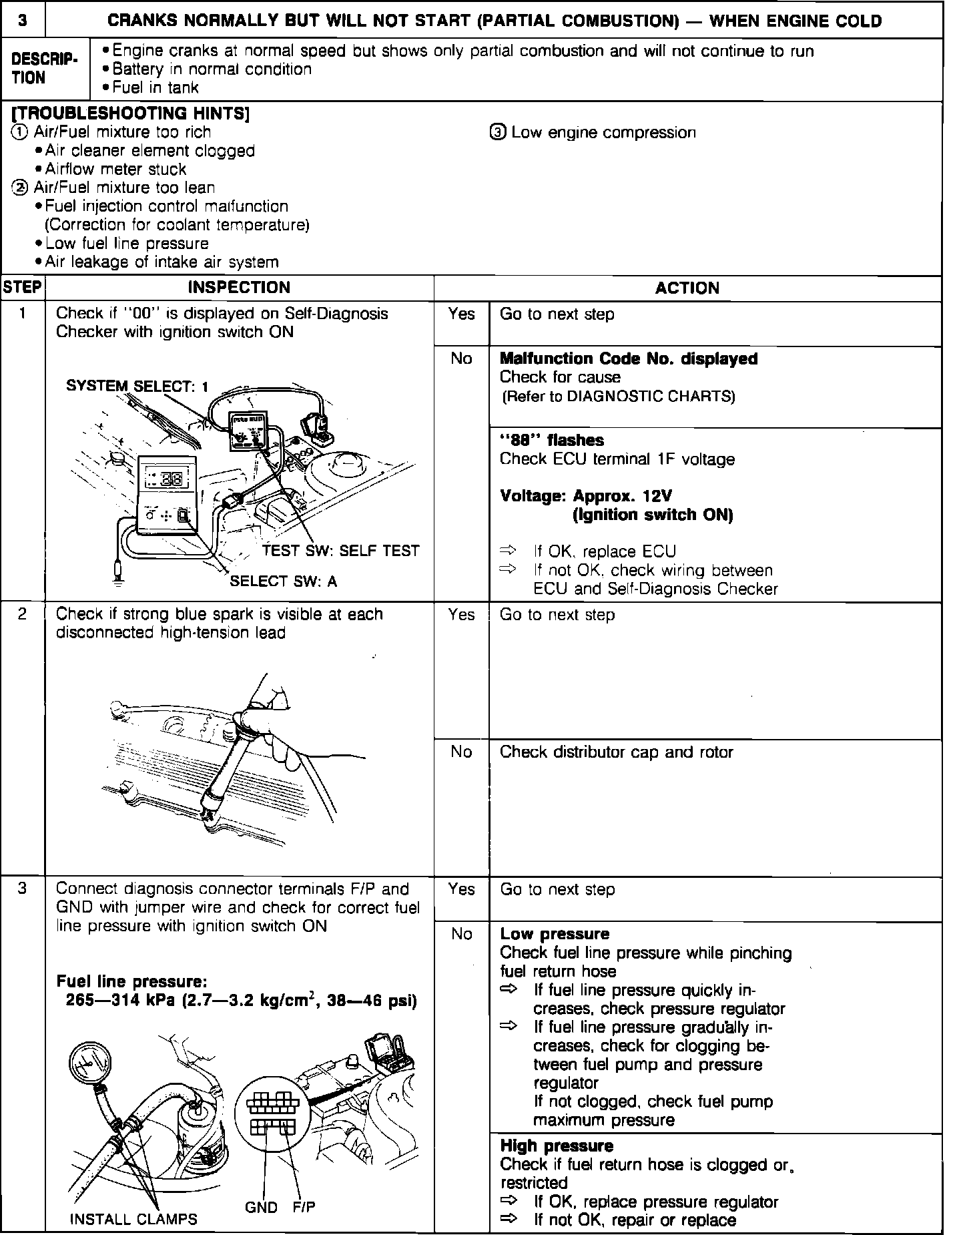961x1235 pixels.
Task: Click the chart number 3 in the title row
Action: [x=23, y=20]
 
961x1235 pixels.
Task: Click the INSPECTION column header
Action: [x=239, y=288]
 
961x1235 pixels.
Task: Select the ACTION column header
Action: [x=687, y=288]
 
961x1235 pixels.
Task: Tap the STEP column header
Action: [x=23, y=288]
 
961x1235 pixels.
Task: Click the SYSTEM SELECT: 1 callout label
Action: [x=137, y=387]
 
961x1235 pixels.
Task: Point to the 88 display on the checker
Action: [x=172, y=479]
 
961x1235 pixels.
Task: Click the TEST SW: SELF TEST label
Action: [x=341, y=551]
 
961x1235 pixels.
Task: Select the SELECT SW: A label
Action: [x=284, y=581]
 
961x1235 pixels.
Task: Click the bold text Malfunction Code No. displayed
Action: [x=629, y=359]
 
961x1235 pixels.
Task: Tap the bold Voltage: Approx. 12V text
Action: [x=586, y=496]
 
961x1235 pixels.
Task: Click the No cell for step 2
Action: [x=461, y=752]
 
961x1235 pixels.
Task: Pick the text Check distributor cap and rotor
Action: [x=616, y=752]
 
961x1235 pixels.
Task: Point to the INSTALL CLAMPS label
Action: [x=133, y=1219]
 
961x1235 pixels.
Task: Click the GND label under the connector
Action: [x=262, y=1207]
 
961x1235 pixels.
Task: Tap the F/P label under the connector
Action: [x=304, y=1207]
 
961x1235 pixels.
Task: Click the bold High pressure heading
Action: [x=557, y=1146]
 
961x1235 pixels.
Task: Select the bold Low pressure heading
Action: [x=555, y=934]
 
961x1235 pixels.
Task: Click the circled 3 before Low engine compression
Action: [x=498, y=133]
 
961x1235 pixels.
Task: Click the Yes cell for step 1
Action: [x=461, y=314]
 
